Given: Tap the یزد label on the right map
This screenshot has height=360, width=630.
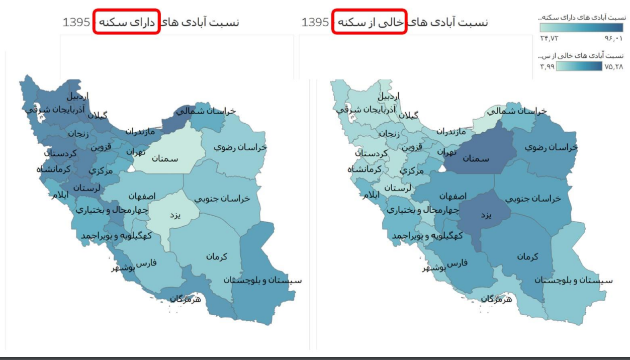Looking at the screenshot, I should [x=486, y=215].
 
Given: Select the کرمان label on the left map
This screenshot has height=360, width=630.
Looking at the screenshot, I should [x=216, y=256].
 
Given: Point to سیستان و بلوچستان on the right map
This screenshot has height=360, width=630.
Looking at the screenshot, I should [x=574, y=280].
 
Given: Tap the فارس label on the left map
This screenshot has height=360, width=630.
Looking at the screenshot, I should [x=147, y=263].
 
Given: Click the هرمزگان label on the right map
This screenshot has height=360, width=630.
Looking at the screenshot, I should [x=496, y=299].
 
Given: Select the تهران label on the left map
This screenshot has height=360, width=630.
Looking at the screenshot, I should [x=136, y=151].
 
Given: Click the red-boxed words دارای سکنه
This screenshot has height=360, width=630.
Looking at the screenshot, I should [x=126, y=22].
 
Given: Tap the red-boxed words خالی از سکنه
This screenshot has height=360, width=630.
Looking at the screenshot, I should [x=369, y=22].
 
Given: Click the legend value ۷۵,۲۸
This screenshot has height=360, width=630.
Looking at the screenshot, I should [x=613, y=66].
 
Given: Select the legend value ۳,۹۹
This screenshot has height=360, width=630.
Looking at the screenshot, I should [x=548, y=66].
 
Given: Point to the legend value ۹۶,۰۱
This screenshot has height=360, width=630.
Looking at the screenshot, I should [x=613, y=38].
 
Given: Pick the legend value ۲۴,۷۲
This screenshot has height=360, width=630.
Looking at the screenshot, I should [x=550, y=38].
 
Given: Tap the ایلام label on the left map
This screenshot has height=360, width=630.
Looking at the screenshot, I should [x=59, y=195].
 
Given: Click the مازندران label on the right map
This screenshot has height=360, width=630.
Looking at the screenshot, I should [x=451, y=132].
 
